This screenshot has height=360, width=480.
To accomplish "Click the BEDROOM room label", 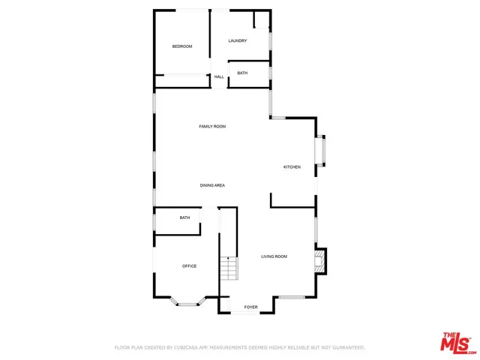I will (x=182, y=46).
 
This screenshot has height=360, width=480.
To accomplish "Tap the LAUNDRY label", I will (x=238, y=40).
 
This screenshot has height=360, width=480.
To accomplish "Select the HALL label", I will (x=219, y=76).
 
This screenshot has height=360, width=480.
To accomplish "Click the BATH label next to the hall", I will (x=242, y=73).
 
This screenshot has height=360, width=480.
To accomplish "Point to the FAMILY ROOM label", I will (x=212, y=126).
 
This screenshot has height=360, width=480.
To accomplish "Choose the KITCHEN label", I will (x=292, y=166).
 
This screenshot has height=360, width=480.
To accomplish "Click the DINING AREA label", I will (x=212, y=185).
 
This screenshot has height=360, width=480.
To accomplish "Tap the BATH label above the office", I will (x=184, y=217).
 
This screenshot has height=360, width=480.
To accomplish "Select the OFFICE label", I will (x=189, y=266).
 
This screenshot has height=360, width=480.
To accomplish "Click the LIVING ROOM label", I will (x=274, y=256).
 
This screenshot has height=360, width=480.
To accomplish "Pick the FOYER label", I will (x=250, y=307).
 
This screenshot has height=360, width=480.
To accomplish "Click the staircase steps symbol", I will (x=228, y=268).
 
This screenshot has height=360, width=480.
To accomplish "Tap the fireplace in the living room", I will (x=320, y=260).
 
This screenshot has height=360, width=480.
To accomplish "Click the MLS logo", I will (x=457, y=342).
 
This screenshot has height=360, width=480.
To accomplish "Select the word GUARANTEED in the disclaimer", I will (x=346, y=347).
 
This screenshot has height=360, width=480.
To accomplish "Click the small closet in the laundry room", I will (x=261, y=19).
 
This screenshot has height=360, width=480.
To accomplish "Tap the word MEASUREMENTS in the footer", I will (x=238, y=347).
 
